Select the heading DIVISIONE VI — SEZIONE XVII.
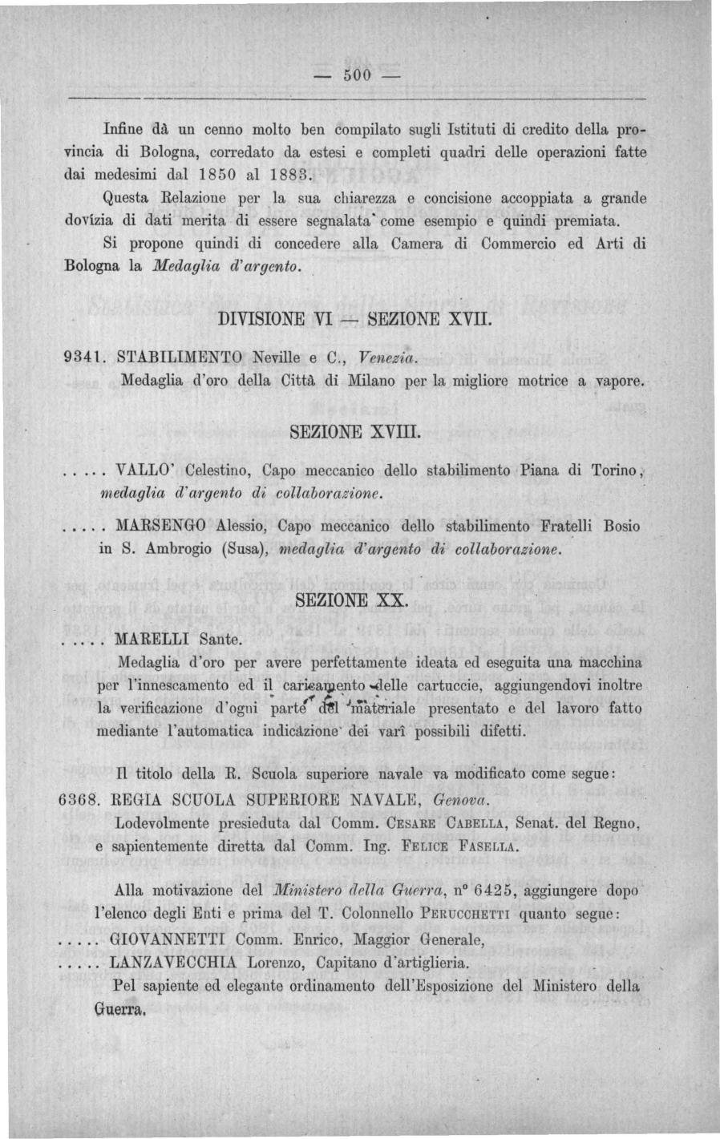coord(352,319)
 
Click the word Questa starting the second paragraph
coord(131,196)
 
